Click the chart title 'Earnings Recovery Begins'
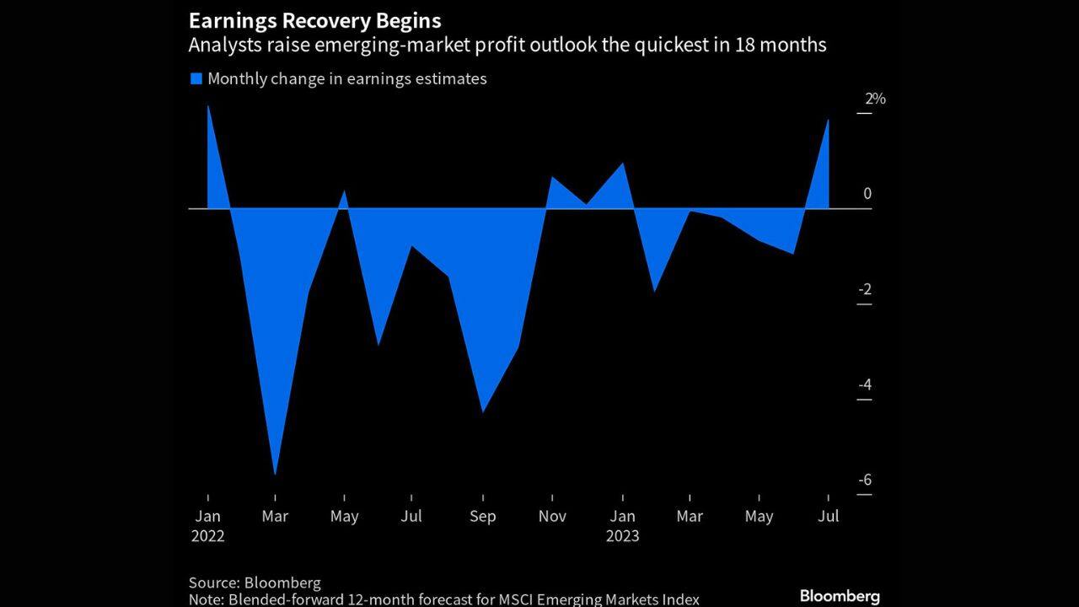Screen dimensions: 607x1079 point(314,20)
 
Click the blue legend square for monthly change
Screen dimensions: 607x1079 point(196,78)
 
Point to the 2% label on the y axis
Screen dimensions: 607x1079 point(875,99)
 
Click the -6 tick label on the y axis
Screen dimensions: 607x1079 point(865,481)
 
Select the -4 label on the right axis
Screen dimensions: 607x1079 point(865,385)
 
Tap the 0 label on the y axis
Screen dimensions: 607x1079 point(867,194)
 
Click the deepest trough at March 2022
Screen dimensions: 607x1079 point(276,473)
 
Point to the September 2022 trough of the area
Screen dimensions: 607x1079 point(482,411)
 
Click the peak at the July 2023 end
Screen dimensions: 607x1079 point(828,121)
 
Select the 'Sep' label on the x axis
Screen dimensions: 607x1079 point(482,517)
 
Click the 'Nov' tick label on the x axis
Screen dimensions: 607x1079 point(551,517)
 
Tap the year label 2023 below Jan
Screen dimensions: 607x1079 point(623,536)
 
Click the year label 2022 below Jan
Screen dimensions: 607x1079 point(207,536)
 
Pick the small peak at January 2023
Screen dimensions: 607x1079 point(623,164)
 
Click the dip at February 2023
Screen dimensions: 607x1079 point(654,290)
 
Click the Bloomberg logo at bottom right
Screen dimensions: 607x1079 point(839,596)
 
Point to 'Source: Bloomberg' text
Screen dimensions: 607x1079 point(255,583)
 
